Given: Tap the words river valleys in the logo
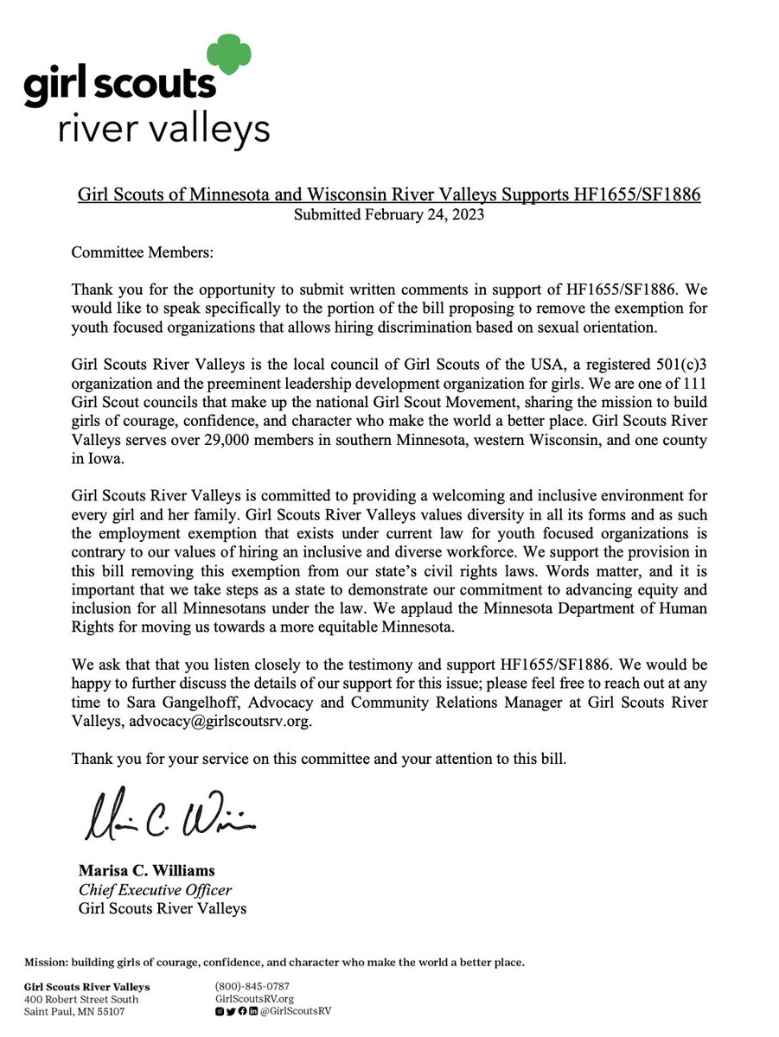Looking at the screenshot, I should click(x=163, y=130).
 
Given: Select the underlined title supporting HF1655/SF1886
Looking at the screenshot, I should click(x=389, y=195).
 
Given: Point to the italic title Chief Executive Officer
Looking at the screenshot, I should click(x=155, y=889).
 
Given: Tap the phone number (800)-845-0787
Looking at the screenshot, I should click(x=252, y=986).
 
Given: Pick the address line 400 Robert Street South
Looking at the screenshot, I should click(x=80, y=999).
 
